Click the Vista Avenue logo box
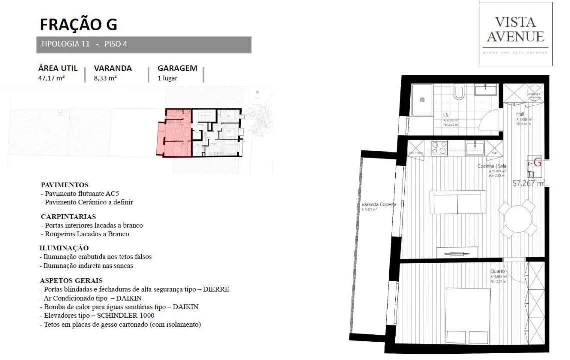[516, 34]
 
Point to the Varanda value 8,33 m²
[105, 78]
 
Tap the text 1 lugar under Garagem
[167, 78]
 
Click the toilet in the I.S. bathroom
[458, 93]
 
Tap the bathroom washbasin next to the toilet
[484, 90]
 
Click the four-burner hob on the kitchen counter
[439, 147]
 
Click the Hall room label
[520, 114]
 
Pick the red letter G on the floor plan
[538, 162]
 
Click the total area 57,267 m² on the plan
[529, 183]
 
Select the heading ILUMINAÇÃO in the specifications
[64, 248]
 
